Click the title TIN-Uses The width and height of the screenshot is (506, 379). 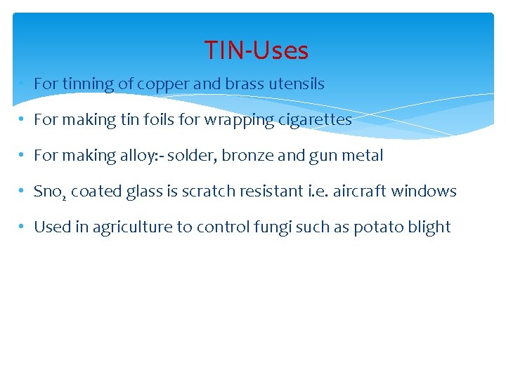pos(257,51)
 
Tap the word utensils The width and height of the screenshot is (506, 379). pos(295,84)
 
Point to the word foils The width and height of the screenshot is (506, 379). pos(159,119)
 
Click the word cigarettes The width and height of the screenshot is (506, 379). pos(316,119)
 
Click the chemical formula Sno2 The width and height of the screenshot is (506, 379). pos(49,192)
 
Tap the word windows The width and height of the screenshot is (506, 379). pos(424,191)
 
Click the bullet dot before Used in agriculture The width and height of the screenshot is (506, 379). pos(23,227)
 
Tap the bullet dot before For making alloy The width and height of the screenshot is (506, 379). pos(23,155)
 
